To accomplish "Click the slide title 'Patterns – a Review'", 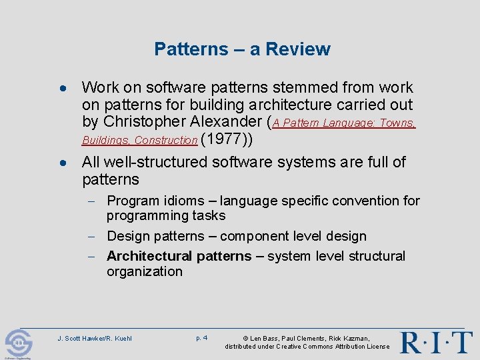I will (241, 49).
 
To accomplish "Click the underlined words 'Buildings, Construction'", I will (139, 141).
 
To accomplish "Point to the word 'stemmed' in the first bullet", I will (297, 87).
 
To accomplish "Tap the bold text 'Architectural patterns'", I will (179, 256).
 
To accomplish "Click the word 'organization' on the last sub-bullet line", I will (144, 271).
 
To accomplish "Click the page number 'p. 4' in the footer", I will (201, 338).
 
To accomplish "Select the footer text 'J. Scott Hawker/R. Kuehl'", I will (95, 339).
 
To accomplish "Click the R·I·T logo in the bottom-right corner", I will (436, 341).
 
